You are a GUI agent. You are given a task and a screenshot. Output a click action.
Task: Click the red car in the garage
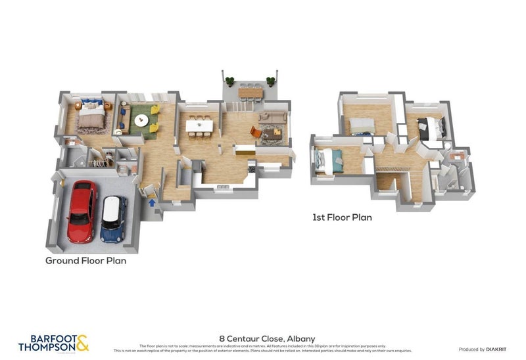(82, 212)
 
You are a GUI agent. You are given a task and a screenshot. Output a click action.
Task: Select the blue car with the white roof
(114, 219)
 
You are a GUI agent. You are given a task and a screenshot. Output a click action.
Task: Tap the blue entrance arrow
(153, 202)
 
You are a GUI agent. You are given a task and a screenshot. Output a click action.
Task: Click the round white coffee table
(141, 120)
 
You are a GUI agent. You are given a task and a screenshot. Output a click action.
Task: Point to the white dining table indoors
(199, 124)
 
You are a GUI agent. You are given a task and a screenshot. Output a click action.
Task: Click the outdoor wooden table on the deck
(250, 93)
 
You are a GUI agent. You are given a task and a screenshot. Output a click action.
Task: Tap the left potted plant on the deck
(229, 81)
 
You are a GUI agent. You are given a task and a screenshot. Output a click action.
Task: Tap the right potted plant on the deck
(270, 81)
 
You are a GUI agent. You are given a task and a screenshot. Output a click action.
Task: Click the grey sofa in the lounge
(273, 118)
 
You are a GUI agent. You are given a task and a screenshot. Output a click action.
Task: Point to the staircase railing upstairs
(392, 169)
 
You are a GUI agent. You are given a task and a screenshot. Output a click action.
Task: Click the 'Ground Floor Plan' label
(85, 261)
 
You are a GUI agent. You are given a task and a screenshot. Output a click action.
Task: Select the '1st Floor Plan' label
(342, 217)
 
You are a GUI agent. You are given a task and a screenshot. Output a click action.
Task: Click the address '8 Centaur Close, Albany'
(262, 339)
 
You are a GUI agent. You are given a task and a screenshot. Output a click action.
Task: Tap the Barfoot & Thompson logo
(53, 343)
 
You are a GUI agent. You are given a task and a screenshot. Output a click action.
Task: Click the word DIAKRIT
(497, 349)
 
